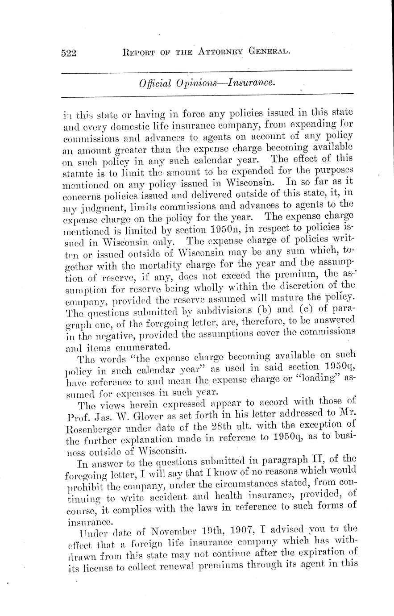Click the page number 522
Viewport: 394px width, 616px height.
tap(69, 53)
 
